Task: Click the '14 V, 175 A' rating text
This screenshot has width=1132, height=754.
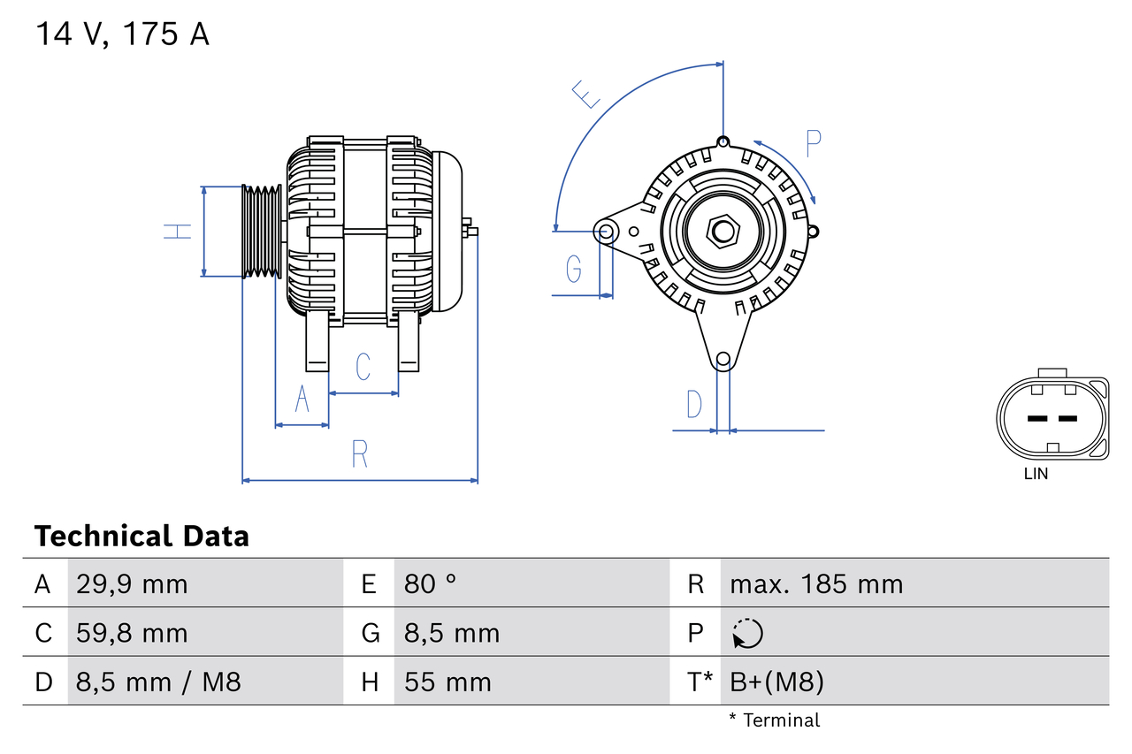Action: tap(122, 34)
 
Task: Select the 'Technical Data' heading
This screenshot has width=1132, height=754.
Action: tap(141, 537)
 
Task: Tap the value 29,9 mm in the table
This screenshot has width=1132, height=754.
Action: tap(132, 584)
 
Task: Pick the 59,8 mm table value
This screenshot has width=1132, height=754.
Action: tap(132, 633)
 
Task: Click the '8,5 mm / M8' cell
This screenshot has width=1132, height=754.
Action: tap(158, 682)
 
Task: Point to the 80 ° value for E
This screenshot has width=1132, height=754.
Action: tap(431, 584)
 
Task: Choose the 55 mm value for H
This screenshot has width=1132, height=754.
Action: tap(447, 682)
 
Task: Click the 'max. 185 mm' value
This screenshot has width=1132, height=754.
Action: tap(816, 584)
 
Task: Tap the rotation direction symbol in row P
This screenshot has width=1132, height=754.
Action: tap(747, 633)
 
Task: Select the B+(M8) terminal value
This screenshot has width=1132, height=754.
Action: tap(776, 682)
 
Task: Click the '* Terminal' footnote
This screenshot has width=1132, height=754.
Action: tap(774, 720)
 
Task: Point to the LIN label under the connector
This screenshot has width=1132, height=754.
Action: tap(1036, 474)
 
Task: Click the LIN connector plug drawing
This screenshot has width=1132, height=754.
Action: tap(1052, 419)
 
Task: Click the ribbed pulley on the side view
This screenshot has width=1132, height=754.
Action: tap(262, 232)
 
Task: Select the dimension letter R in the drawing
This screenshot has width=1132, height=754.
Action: tap(359, 453)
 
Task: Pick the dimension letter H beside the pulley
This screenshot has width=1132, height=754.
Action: tap(178, 232)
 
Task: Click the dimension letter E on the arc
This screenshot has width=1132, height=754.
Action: tap(585, 95)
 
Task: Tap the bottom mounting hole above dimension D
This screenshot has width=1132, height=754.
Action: tap(723, 359)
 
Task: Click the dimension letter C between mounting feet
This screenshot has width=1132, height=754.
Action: tap(363, 367)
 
